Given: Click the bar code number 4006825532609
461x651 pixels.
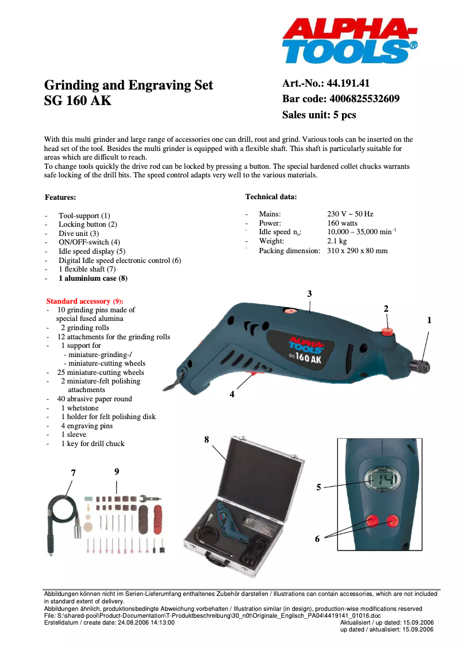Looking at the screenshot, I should coord(363,99).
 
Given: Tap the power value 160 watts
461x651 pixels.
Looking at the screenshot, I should coord(342,223).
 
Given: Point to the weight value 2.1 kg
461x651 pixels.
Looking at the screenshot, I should coord(337,242).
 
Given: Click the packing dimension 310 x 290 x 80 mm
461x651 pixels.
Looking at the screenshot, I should coord(357,251).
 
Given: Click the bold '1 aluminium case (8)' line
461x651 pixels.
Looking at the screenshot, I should coord(93,278).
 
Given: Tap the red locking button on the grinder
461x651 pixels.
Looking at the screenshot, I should coord(389,331).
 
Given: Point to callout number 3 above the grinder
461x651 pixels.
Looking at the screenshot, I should coord(309,294).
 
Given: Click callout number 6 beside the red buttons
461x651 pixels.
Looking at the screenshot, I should coord(317,539).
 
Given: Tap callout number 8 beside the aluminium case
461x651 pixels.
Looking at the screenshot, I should coord(206,439).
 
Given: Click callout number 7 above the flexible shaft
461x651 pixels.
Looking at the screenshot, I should coord(73,472).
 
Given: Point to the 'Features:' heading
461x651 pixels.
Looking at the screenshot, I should coord(60,197).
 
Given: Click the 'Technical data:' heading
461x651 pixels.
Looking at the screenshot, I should coord(271,197).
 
